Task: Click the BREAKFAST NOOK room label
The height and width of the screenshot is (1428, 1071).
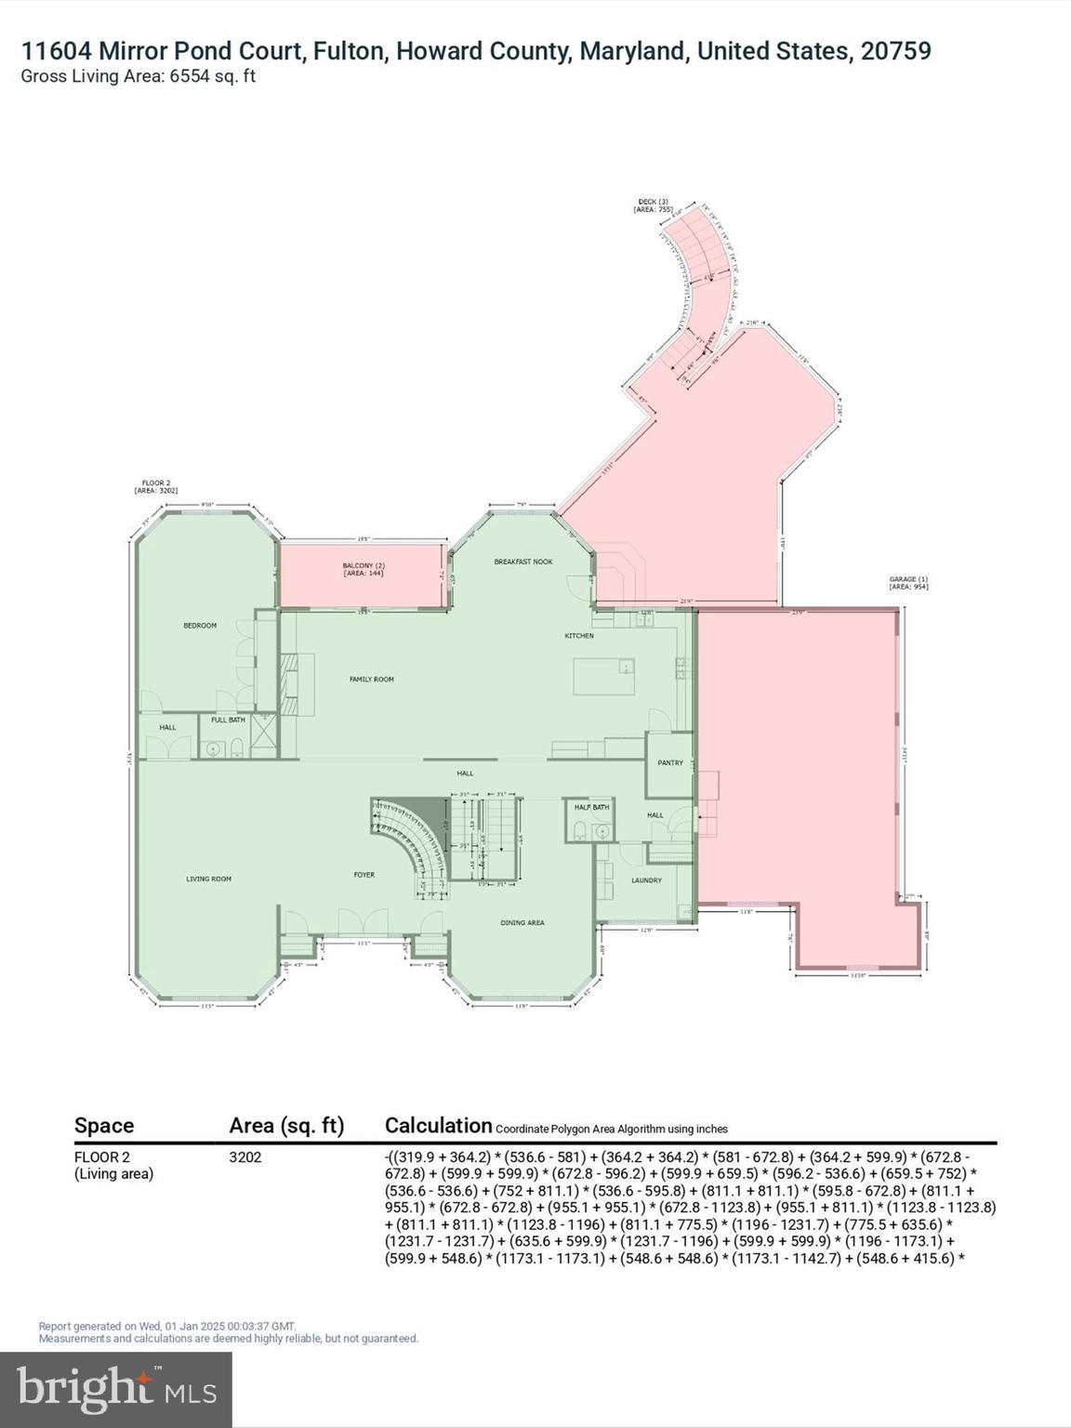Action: point(523,562)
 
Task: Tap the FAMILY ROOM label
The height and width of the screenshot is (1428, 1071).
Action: point(371,680)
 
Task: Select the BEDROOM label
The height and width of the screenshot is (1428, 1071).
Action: point(200,626)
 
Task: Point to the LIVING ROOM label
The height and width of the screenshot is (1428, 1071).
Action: point(208,879)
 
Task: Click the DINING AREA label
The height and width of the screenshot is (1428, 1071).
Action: point(522,922)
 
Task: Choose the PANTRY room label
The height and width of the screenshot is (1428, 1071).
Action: point(670,762)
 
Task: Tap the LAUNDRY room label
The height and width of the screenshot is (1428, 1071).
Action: point(646,879)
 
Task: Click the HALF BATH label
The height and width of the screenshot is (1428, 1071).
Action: point(591,807)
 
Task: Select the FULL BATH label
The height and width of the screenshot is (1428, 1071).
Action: point(229,720)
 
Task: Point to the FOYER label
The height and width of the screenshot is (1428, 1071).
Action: point(364,875)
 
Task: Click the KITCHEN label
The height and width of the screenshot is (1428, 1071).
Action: point(579,636)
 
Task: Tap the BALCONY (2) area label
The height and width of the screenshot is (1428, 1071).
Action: point(363,569)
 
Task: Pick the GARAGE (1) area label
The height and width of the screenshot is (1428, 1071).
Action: point(908,583)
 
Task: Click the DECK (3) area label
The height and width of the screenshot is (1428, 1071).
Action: point(653,205)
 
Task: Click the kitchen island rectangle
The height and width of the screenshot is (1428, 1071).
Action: point(603,676)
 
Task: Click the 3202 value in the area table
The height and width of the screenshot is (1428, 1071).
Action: point(245,1157)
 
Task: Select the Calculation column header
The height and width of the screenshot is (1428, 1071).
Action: point(438,1125)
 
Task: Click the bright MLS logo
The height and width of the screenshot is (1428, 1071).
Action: point(116,1389)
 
